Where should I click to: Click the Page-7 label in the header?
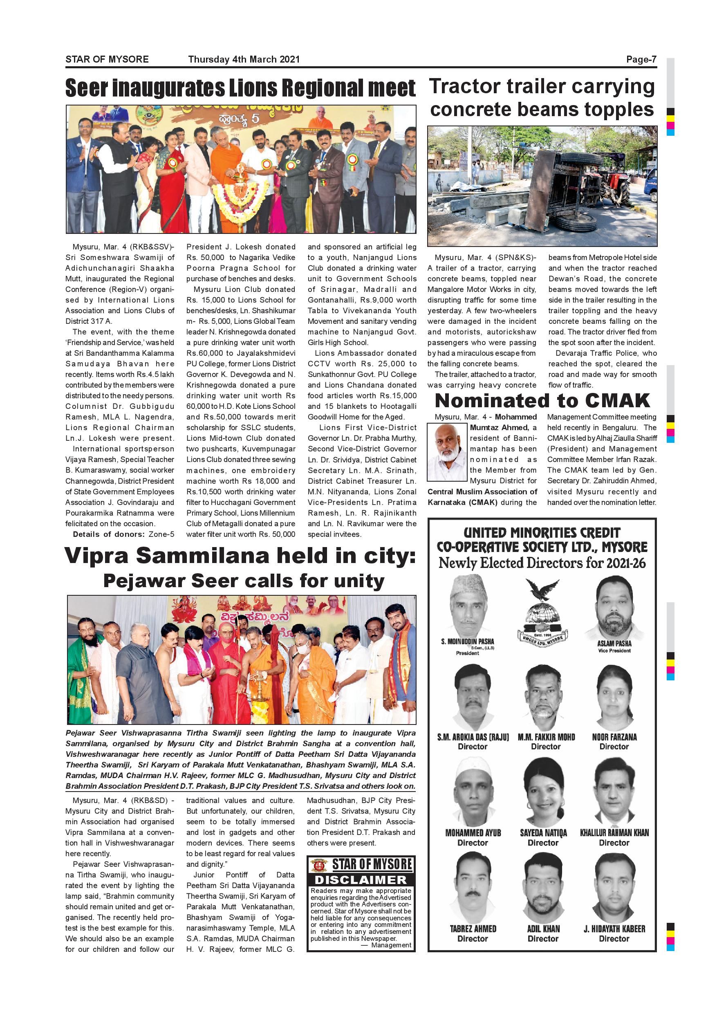pos(641,59)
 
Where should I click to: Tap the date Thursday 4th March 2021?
pos(244,59)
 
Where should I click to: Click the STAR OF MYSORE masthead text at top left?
pos(107,59)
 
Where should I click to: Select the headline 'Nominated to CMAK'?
pos(542,401)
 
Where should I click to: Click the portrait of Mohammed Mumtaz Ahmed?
pos(447,452)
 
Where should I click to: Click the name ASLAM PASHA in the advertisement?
pos(614,644)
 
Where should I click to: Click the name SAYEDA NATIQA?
pos(543,833)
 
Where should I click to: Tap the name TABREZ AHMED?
pos(473,929)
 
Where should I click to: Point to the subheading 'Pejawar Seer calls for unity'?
pos(244,581)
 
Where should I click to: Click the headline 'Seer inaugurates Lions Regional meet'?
pos(240,88)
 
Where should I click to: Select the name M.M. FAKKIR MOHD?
pos(546,737)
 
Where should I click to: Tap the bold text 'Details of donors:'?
pos(109,534)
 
